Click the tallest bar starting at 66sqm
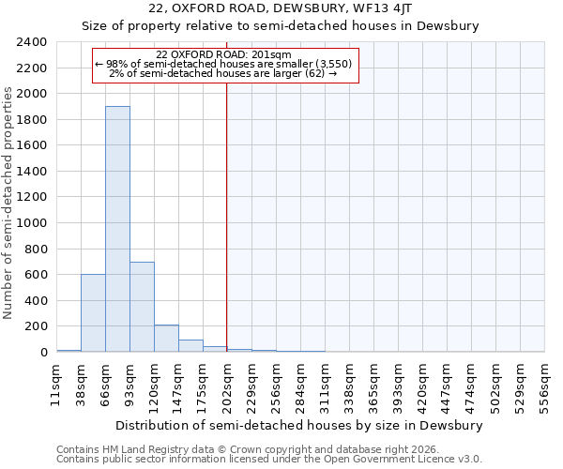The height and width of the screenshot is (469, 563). (117, 229)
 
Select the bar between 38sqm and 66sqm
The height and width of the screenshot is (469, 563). (93, 313)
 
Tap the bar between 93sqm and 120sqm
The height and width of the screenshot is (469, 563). (142, 307)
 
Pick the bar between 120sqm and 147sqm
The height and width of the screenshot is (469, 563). (166, 339)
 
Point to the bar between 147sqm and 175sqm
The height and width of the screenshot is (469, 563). (190, 346)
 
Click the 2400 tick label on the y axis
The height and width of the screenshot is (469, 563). (32, 42)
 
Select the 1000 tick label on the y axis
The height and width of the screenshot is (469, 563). (32, 223)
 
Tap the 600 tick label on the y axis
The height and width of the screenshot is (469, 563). (36, 275)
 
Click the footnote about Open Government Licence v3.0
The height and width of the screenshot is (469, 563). (269, 460)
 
